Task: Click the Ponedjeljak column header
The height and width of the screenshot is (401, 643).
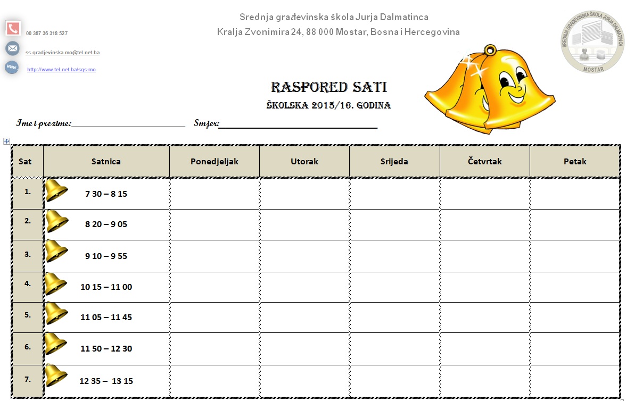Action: point(214,161)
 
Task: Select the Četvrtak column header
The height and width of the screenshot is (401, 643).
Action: point(484,161)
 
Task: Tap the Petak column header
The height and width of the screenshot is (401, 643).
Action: point(575,161)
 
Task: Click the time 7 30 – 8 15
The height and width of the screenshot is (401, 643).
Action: point(106,194)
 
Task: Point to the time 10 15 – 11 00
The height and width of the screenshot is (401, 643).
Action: point(106,287)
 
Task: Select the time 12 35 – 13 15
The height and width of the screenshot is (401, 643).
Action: point(106,381)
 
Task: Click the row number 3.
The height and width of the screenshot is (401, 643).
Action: point(28,254)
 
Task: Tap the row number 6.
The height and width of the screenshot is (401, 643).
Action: point(28,346)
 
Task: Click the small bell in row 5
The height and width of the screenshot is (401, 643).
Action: point(55,313)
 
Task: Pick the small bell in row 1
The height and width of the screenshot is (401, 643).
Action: point(56,190)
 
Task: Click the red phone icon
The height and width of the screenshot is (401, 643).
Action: point(13,29)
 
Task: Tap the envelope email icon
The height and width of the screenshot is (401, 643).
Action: point(12,48)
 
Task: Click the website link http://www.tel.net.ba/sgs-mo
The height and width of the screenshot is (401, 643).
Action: point(61,70)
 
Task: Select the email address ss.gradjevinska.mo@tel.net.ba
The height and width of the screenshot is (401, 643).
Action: point(62,53)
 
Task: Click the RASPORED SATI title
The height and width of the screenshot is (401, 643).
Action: point(328,88)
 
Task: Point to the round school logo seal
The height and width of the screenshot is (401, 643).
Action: point(593,41)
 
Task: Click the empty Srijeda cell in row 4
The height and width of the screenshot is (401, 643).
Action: point(394,287)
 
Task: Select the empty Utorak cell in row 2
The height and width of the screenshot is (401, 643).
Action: point(304,224)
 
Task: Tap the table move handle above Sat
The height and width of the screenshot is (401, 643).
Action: point(6,141)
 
